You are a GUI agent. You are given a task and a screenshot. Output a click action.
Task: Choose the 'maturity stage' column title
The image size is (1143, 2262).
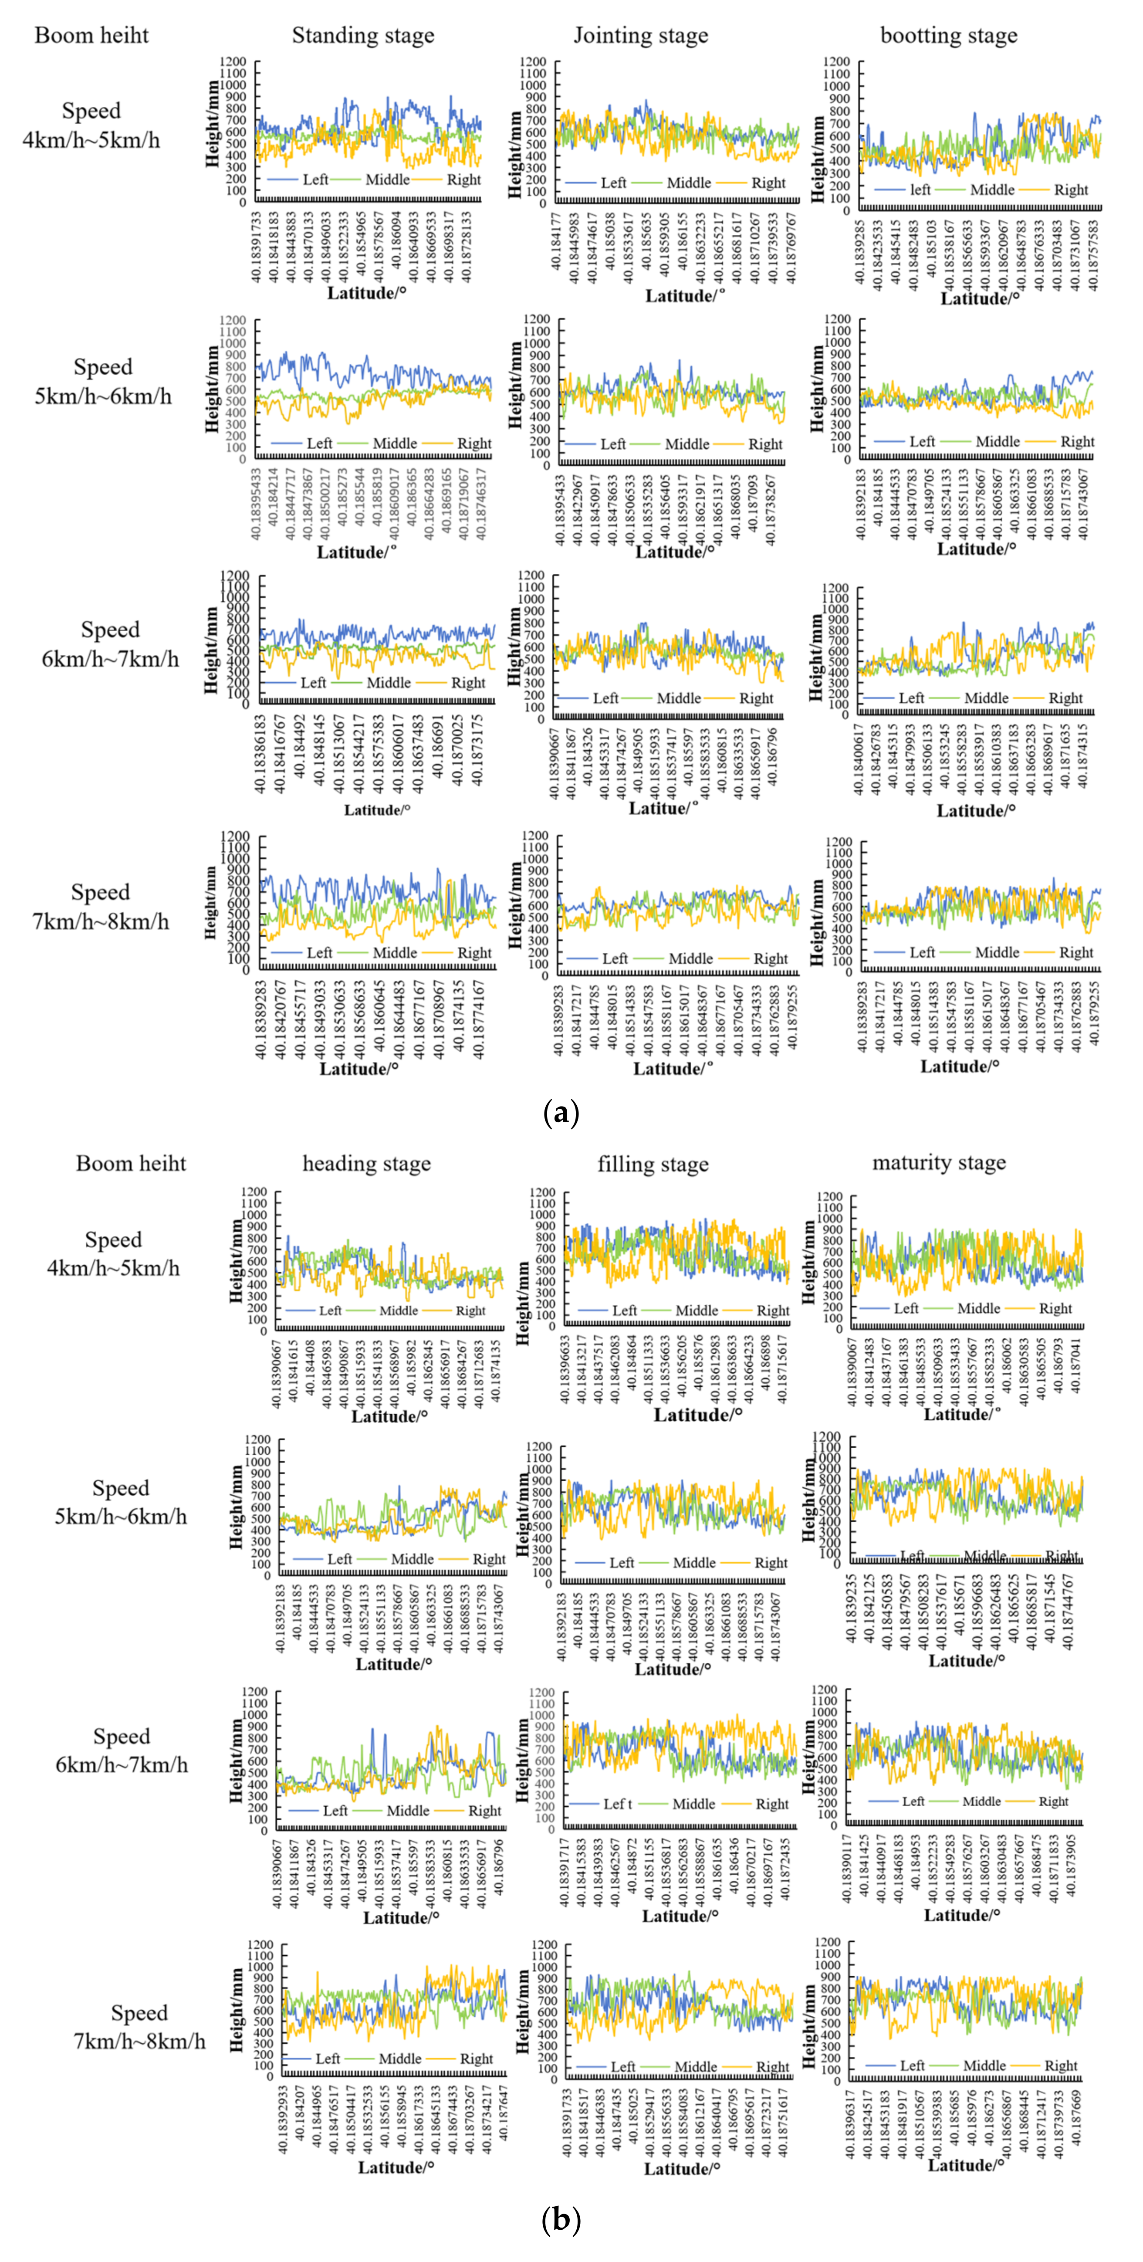[938, 1164]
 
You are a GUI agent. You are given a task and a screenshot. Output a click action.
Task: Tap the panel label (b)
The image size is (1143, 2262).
[562, 2222]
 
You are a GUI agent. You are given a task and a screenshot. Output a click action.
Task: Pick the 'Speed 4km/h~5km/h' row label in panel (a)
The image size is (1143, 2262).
[91, 125]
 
